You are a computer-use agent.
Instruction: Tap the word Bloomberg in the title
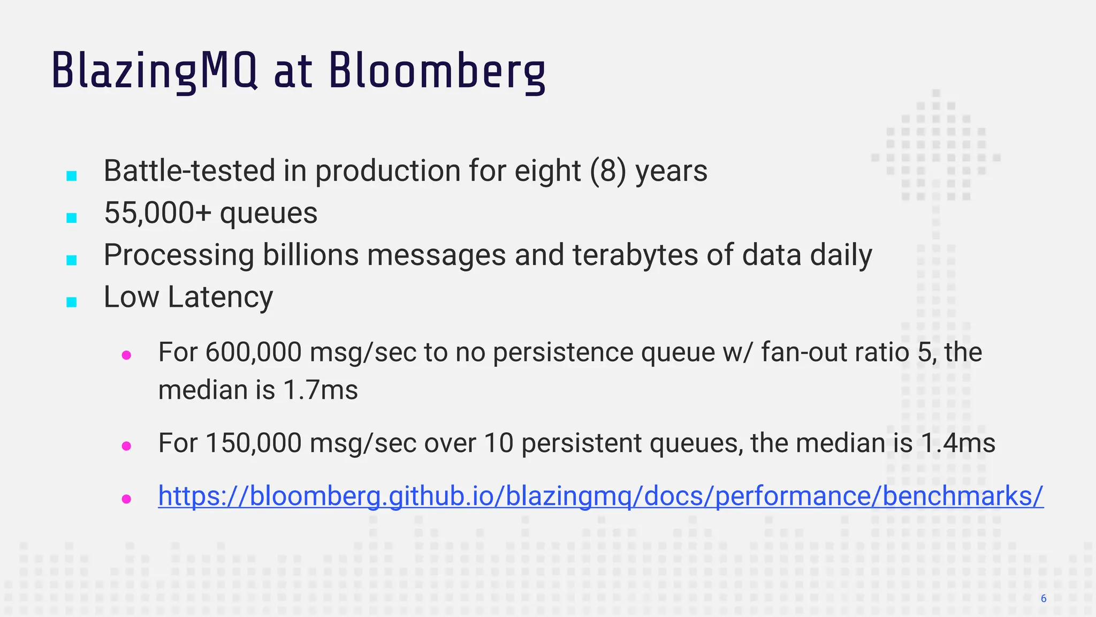437,71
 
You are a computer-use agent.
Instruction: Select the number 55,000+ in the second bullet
158,213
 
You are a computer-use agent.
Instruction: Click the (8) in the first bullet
608,171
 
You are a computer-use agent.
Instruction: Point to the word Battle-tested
189,171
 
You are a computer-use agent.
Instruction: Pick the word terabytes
635,254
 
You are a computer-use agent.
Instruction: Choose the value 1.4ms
958,443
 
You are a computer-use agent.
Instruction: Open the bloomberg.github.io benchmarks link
600,496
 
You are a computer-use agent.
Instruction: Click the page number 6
1044,599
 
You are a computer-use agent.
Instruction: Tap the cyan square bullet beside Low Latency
72,302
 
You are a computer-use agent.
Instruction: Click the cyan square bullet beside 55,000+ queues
72,217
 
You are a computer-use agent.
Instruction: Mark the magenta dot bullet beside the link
127,499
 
